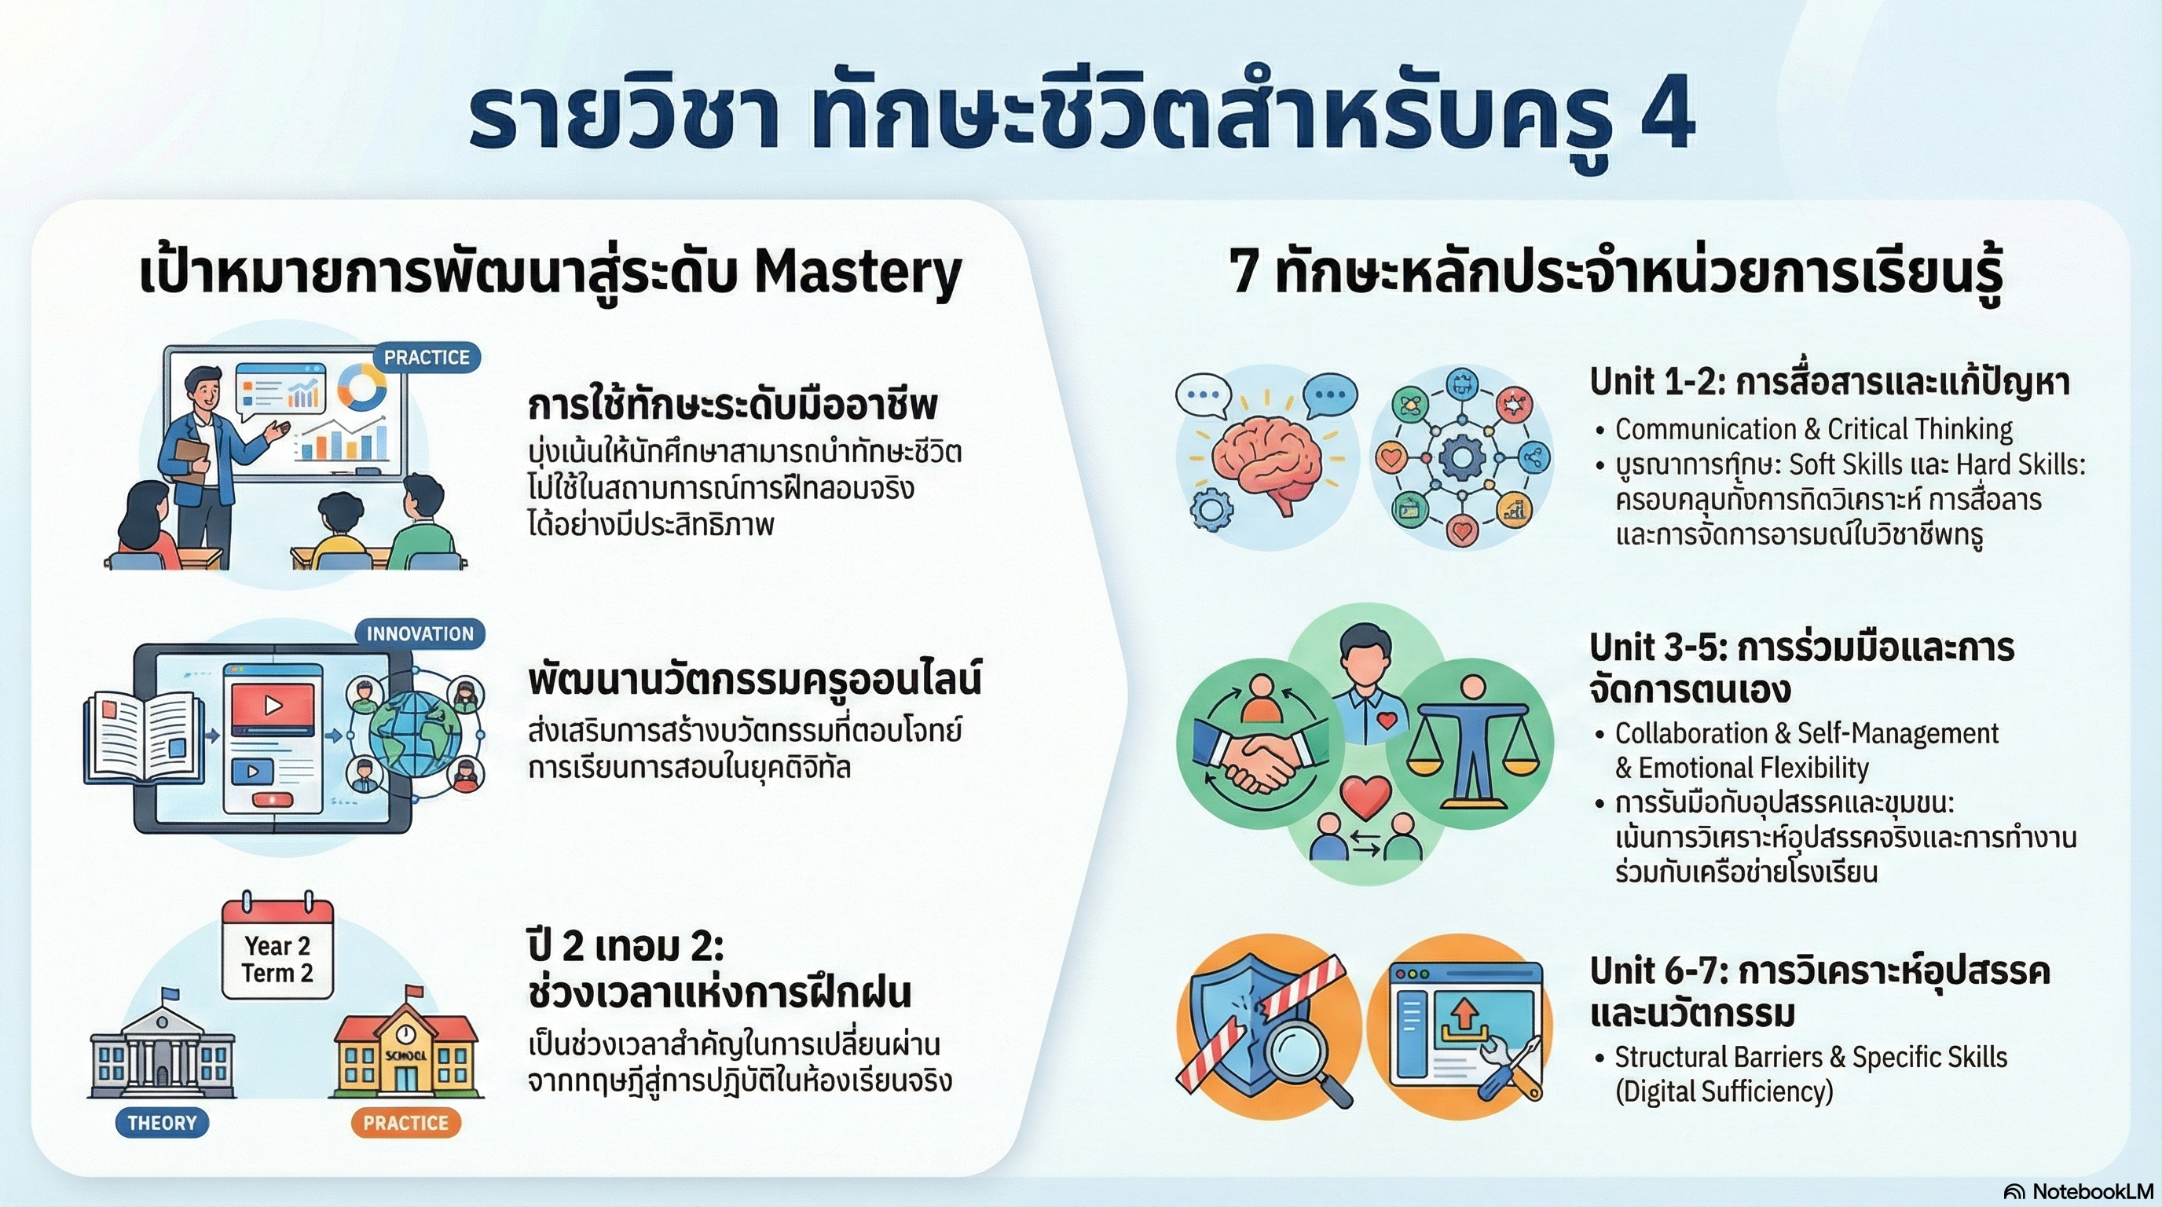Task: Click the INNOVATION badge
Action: click(x=420, y=633)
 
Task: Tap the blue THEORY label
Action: click(x=162, y=1123)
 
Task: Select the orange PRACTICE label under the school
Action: click(x=405, y=1123)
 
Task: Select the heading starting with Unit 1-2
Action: click(x=1829, y=383)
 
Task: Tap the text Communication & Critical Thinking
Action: click(x=1813, y=430)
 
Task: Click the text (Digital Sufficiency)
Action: click(x=1724, y=1092)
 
